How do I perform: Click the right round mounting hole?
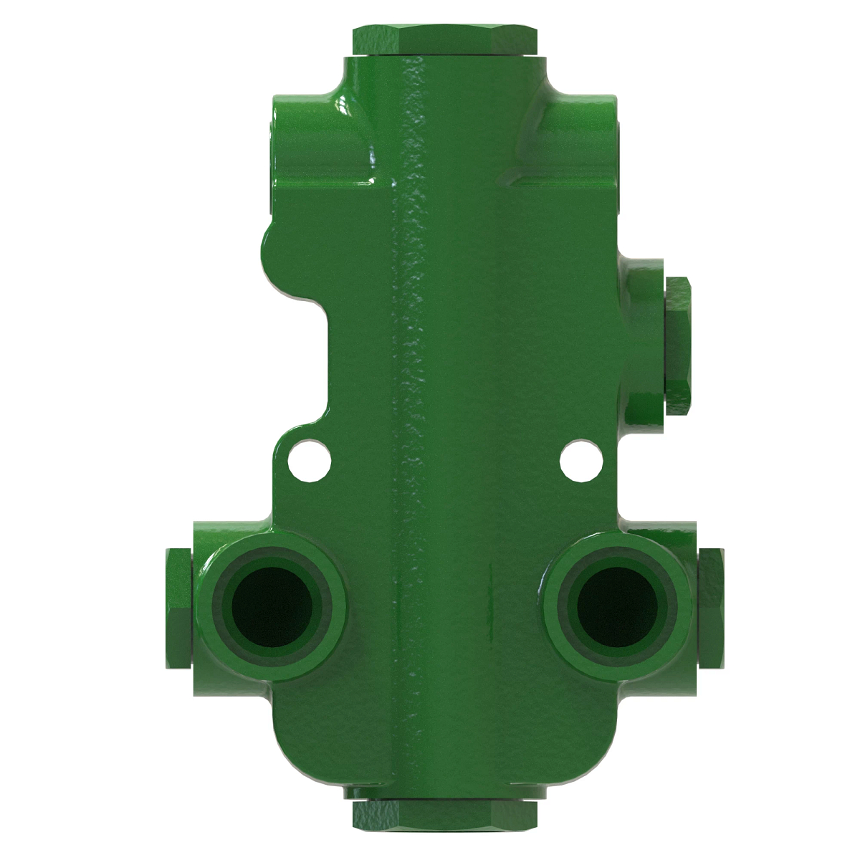(579, 459)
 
